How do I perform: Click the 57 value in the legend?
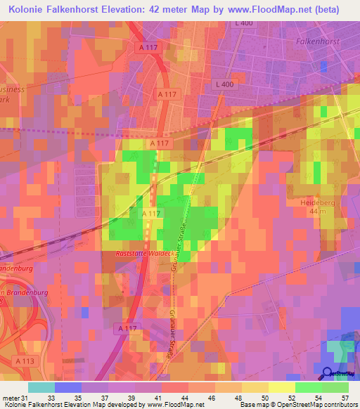point(344,398)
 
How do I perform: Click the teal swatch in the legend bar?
point(41,387)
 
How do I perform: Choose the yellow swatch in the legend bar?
point(281,387)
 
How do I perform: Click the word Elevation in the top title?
point(147,10)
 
